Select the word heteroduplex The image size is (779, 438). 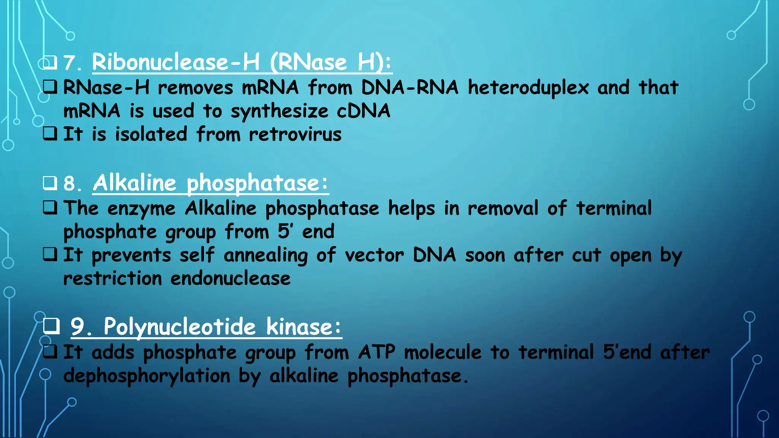pyautogui.click(x=528, y=88)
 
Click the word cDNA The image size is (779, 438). pyautogui.click(x=363, y=111)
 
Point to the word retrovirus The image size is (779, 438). pyautogui.click(x=295, y=135)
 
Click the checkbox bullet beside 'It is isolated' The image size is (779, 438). pyautogui.click(x=50, y=133)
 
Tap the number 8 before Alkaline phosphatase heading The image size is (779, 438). pyautogui.click(x=70, y=184)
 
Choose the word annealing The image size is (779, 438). pyautogui.click(x=265, y=255)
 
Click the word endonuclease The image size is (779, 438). pyautogui.click(x=230, y=279)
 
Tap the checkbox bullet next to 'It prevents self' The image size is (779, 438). pyautogui.click(x=50, y=254)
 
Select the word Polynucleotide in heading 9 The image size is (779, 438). pyautogui.click(x=180, y=327)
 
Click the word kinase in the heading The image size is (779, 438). pyautogui.click(x=299, y=327)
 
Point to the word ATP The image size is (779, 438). pyautogui.click(x=377, y=352)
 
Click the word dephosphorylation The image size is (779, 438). pyautogui.click(x=147, y=376)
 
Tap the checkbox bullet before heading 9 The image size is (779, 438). pyautogui.click(x=51, y=326)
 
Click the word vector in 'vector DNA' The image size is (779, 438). pyautogui.click(x=374, y=255)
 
